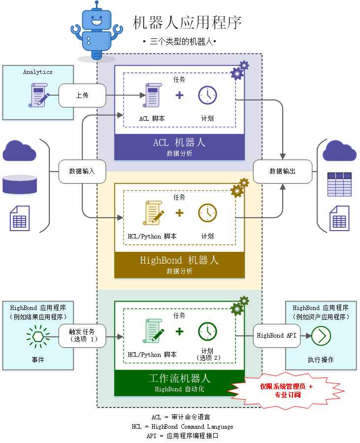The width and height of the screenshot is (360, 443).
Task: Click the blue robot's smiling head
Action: click(97, 19)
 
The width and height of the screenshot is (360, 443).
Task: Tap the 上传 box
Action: click(82, 96)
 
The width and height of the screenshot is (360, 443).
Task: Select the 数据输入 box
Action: click(82, 171)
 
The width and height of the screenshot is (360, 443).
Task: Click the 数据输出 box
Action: click(283, 171)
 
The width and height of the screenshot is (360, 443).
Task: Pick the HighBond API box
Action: click(277, 336)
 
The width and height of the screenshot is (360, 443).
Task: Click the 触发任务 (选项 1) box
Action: click(82, 336)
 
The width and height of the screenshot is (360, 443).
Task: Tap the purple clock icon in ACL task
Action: click(207, 96)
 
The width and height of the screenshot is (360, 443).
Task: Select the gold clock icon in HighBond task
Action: click(207, 213)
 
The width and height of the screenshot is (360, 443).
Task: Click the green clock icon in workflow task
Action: click(207, 332)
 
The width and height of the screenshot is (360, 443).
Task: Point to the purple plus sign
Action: click(180, 95)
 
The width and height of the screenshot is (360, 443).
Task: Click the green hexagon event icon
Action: click(38, 337)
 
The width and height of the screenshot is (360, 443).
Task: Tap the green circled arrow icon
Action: click(321, 336)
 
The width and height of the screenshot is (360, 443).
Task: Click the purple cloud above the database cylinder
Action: click(20, 151)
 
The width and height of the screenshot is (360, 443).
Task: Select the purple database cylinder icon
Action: click(20, 184)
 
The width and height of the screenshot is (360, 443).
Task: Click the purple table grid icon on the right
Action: click(339, 184)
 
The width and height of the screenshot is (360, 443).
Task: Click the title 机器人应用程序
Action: click(187, 23)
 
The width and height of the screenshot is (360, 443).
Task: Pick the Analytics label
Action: click(38, 72)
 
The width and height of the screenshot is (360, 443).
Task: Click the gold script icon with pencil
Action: click(153, 213)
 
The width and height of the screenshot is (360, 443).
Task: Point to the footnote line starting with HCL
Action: click(182, 427)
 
